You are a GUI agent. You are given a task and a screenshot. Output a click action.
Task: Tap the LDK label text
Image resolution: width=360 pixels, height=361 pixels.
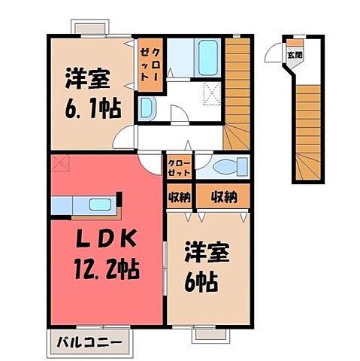[x=106, y=240]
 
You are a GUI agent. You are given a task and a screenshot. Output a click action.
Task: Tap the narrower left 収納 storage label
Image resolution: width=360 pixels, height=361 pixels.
[x=178, y=197]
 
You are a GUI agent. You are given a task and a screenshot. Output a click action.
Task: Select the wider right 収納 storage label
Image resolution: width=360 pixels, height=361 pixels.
[x=222, y=197]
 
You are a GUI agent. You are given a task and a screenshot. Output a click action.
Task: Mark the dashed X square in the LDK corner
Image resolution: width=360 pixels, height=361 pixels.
[x=59, y=162]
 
